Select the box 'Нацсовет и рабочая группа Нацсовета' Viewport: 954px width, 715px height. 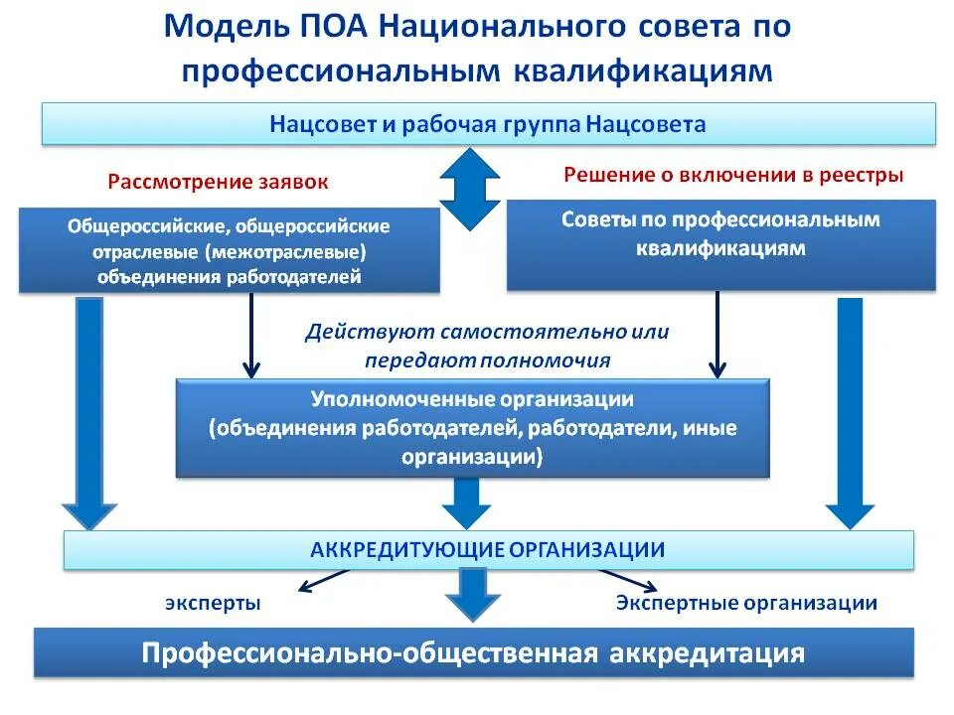487,124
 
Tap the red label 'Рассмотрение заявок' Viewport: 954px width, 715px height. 218,183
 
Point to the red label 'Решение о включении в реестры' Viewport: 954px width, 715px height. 733,176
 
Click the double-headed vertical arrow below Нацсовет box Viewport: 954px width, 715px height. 470,188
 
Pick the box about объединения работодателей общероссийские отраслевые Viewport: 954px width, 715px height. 229,250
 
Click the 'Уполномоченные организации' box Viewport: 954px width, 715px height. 473,427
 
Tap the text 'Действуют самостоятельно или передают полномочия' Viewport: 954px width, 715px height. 487,346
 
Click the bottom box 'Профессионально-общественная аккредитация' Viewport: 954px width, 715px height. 473,653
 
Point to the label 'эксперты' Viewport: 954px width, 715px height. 213,603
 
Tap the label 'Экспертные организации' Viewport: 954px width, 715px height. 746,603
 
